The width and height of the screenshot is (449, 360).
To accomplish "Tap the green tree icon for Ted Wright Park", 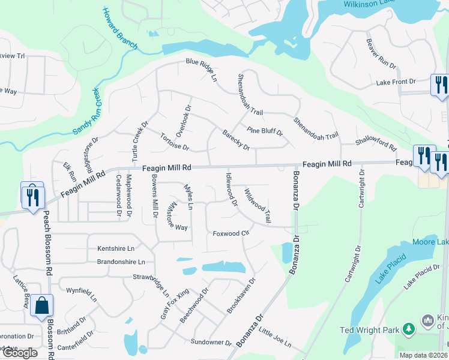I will (x=409, y=329).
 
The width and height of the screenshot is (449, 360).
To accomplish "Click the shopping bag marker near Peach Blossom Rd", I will (x=42, y=306).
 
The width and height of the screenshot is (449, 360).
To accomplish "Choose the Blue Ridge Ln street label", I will (x=200, y=70).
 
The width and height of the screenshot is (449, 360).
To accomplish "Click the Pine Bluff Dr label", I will (x=265, y=130).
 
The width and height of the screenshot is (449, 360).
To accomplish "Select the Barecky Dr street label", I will (x=236, y=140).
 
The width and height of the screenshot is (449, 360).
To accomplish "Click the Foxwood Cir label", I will (x=231, y=233).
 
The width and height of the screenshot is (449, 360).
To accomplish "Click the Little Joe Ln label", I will (x=276, y=338).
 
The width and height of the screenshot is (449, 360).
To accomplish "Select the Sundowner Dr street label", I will (x=211, y=342).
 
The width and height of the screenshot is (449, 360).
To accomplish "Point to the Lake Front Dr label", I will (x=396, y=82).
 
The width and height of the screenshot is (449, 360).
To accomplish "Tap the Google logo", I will (x=19, y=353).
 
